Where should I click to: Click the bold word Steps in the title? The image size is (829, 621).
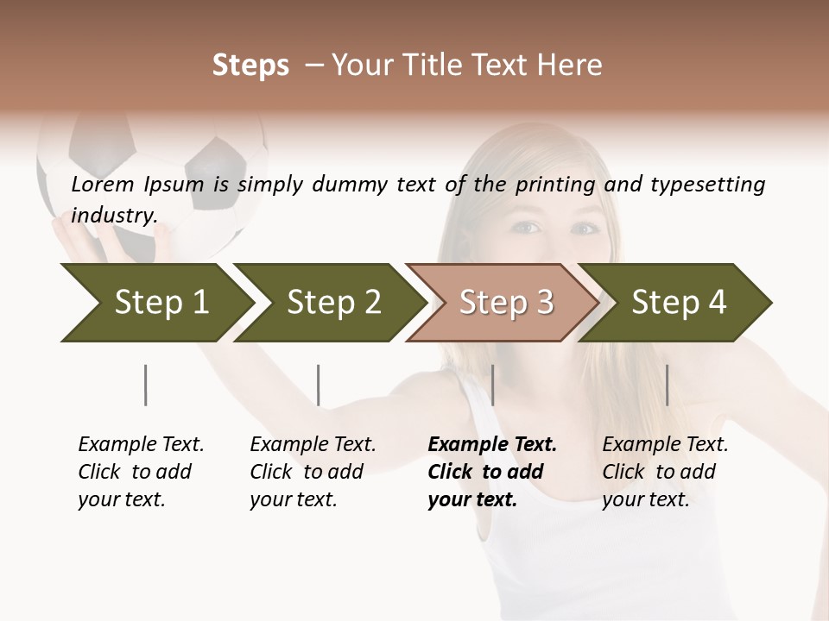pyautogui.click(x=250, y=66)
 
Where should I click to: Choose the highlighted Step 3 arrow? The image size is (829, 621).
pyautogui.click(x=501, y=302)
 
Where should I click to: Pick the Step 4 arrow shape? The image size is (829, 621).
pyautogui.click(x=674, y=302)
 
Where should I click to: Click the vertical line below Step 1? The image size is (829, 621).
pyautogui.click(x=146, y=385)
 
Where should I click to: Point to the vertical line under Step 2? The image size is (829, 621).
pyautogui.click(x=319, y=385)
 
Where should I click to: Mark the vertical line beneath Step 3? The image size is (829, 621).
pyautogui.click(x=492, y=385)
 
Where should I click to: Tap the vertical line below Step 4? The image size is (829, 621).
pyautogui.click(x=667, y=385)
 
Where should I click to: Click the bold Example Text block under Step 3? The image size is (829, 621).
pyautogui.click(x=492, y=472)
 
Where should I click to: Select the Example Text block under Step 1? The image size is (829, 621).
pyautogui.click(x=141, y=472)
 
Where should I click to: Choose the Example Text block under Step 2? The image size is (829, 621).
pyautogui.click(x=313, y=472)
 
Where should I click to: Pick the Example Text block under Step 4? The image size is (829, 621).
pyautogui.click(x=665, y=472)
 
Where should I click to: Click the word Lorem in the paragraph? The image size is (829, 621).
pyautogui.click(x=102, y=184)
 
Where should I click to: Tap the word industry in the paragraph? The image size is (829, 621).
pyautogui.click(x=114, y=216)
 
